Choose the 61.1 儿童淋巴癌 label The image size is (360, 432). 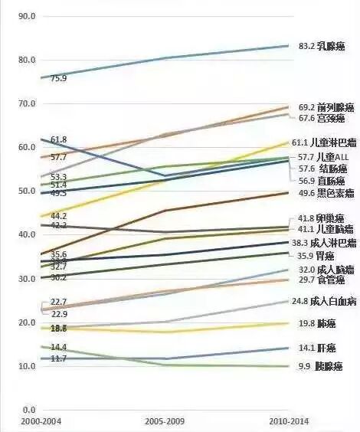326,143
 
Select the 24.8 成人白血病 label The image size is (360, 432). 326,301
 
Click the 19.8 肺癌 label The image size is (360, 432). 316,324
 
